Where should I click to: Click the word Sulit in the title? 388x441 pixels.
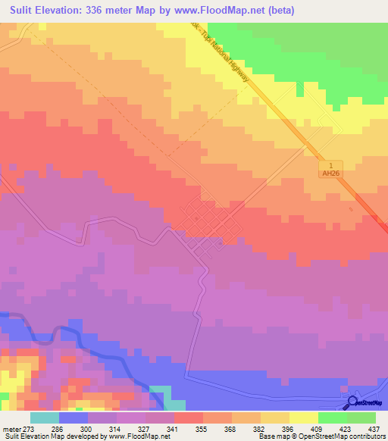tap(25, 11)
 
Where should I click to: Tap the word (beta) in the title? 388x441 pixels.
tap(280, 11)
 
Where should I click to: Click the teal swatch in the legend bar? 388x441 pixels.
tap(45, 418)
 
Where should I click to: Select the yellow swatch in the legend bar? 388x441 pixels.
tap(303, 418)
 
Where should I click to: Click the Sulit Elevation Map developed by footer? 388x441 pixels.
tap(53, 436)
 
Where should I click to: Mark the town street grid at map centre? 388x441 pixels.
tap(205, 224)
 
